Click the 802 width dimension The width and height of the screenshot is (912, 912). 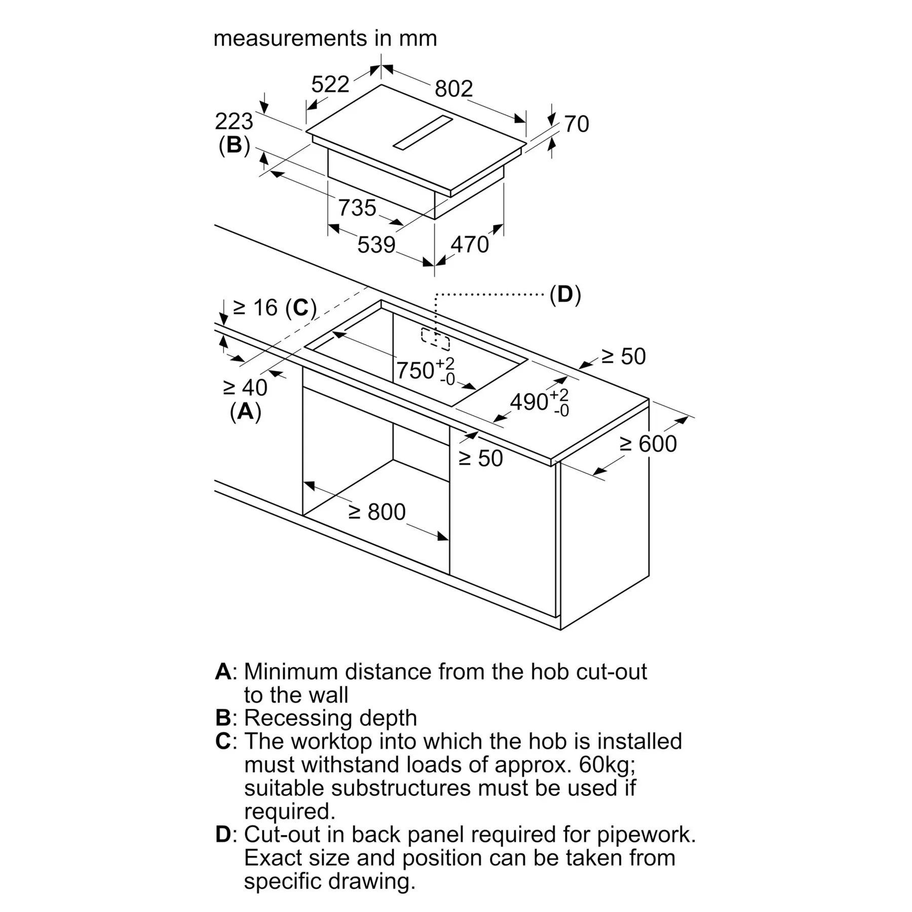[453, 89]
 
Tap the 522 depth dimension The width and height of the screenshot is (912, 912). [330, 84]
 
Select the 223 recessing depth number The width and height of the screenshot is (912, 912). [234, 122]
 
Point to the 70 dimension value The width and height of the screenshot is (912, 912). [577, 124]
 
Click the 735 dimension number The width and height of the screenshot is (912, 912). [357, 208]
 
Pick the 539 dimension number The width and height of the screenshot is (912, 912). [376, 245]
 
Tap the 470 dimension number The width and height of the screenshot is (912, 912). [470, 245]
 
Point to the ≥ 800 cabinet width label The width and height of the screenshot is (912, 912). [377, 512]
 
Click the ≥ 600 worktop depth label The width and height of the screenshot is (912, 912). [648, 444]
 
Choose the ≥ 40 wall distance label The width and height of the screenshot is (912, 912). [245, 388]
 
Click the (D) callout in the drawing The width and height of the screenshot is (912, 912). [565, 295]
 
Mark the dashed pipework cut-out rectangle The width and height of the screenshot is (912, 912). [435, 338]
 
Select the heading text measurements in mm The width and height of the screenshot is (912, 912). [325, 39]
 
